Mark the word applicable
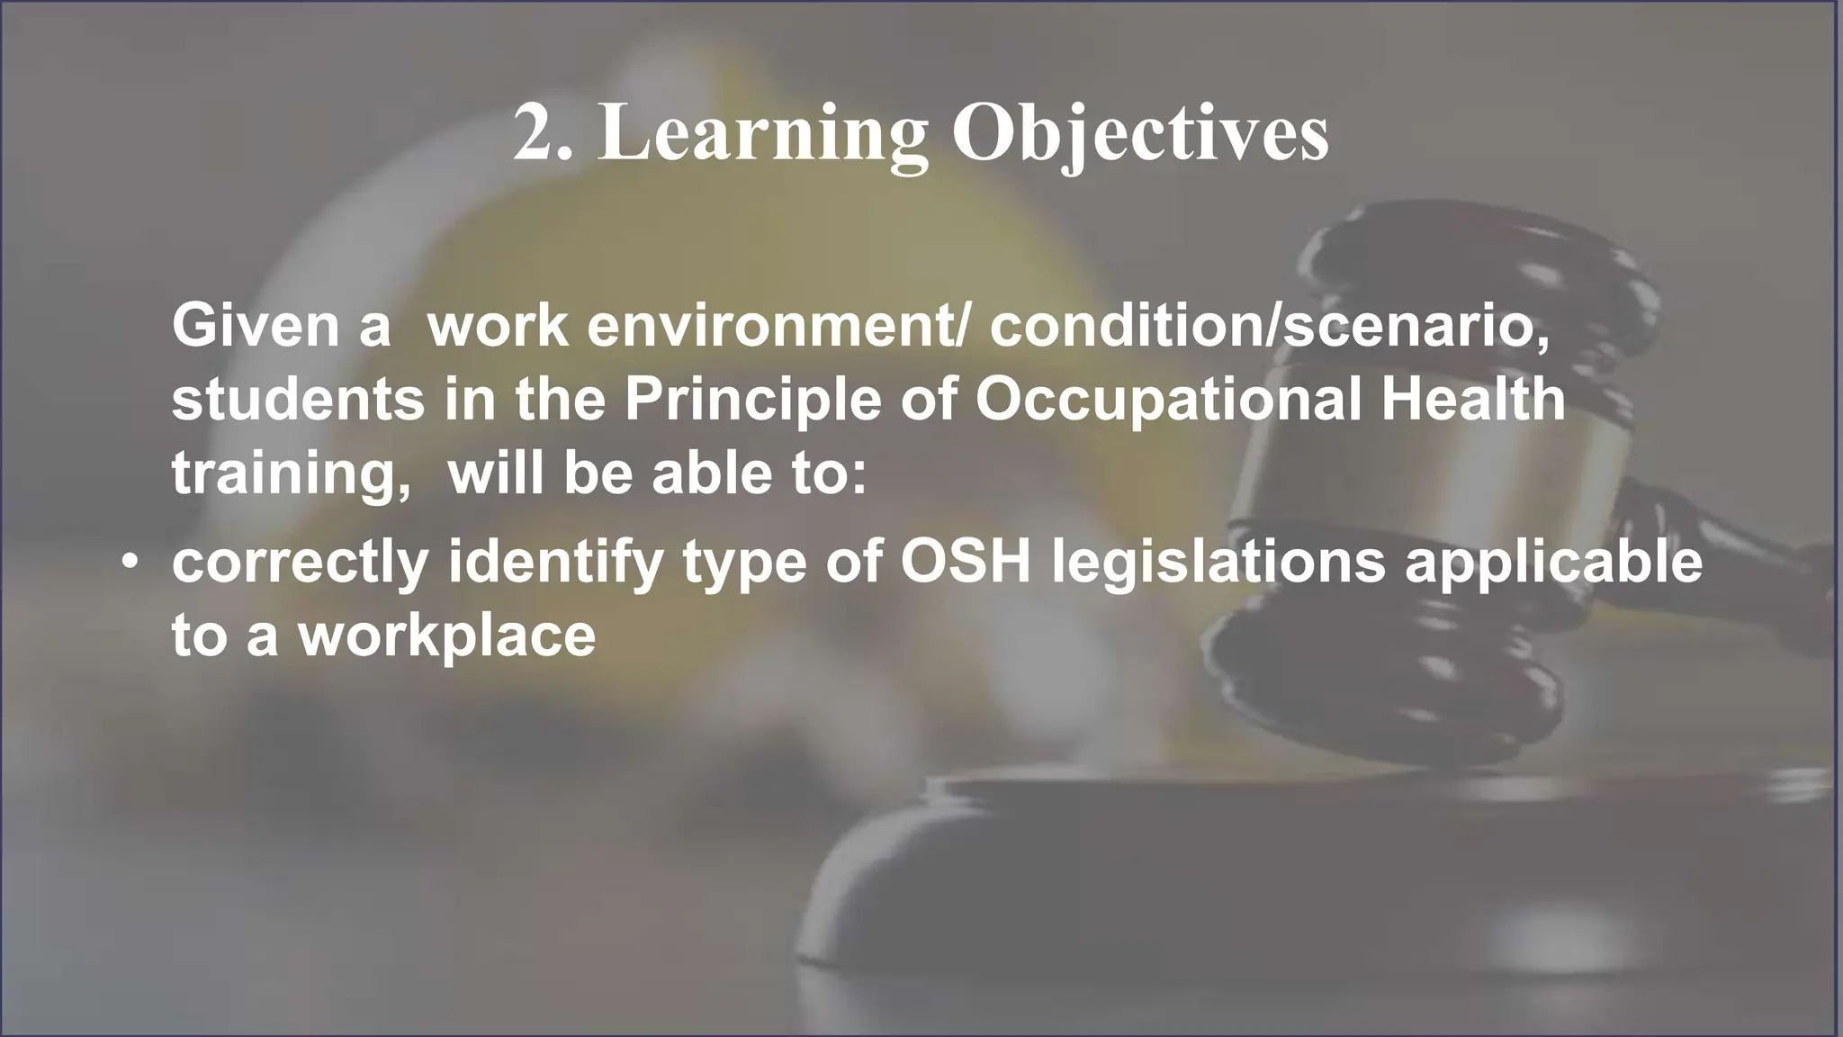(x=1553, y=562)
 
